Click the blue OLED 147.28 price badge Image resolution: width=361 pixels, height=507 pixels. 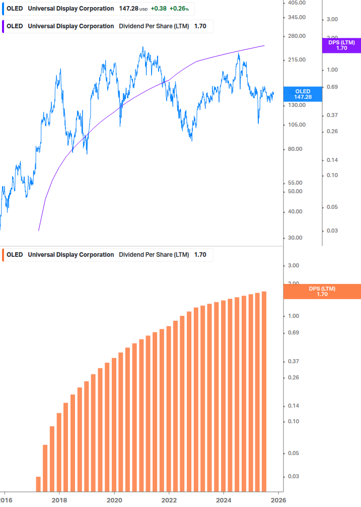click(303, 94)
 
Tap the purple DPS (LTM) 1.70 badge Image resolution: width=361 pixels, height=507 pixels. click(341, 45)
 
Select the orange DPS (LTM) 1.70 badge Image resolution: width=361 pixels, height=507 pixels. click(322, 292)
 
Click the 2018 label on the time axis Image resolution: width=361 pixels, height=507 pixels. click(59, 500)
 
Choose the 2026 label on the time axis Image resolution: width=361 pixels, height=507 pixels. click(278, 500)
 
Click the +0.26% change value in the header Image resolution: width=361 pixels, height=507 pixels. click(179, 9)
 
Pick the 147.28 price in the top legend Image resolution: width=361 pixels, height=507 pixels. click(128, 9)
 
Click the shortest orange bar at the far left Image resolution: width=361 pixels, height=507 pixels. click(38, 483)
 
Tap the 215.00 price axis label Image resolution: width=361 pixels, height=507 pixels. click(294, 60)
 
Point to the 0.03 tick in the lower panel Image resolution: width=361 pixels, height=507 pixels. click(293, 476)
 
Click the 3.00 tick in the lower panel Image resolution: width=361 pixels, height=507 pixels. click(293, 265)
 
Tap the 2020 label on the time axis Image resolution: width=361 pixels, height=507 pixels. click(114, 500)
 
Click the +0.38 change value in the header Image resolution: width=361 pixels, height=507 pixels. click(159, 9)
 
